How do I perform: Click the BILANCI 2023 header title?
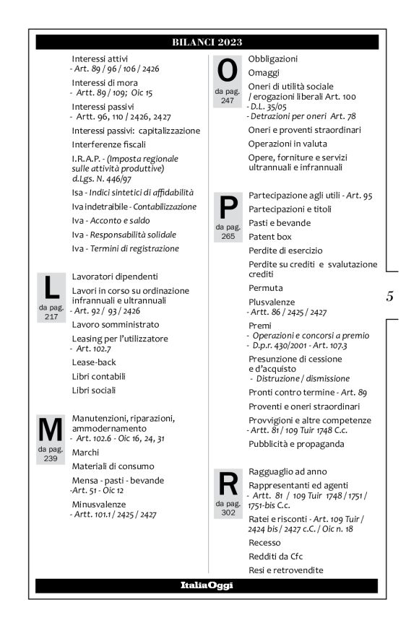click(207, 42)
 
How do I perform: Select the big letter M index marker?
click(50, 430)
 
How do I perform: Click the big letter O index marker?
click(227, 71)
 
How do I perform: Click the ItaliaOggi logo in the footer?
click(207, 585)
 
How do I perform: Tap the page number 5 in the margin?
click(389, 295)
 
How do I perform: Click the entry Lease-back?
click(94, 362)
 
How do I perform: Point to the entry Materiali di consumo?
click(113, 466)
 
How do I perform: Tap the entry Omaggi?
click(265, 73)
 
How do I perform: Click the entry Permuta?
click(265, 287)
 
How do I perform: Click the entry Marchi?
click(86, 452)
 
